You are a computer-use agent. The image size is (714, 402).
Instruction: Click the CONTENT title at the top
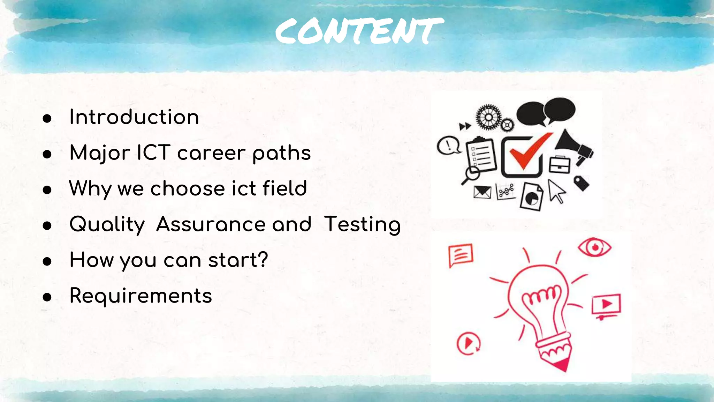(x=359, y=31)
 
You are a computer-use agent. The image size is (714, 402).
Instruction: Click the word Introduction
(x=134, y=117)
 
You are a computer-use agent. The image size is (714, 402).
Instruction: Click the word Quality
(x=107, y=224)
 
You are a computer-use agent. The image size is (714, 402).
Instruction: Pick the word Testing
(x=362, y=224)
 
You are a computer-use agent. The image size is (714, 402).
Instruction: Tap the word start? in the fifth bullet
(x=238, y=260)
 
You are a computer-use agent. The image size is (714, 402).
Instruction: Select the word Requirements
(x=140, y=296)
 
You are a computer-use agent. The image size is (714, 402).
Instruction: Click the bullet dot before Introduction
(x=47, y=119)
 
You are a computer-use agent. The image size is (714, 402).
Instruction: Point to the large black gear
(x=488, y=117)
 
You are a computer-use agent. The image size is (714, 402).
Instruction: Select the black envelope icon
(x=482, y=192)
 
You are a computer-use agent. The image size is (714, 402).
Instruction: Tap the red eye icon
(x=594, y=247)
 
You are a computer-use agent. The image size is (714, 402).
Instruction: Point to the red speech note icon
(x=461, y=255)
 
